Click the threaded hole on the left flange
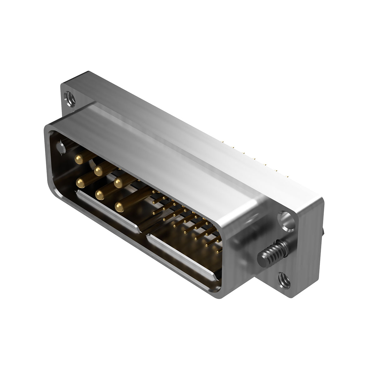(x=68, y=97)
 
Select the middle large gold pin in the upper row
(x=99, y=171)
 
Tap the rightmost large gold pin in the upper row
(x=118, y=182)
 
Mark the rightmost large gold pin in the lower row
(x=119, y=207)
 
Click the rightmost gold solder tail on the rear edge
(x=276, y=171)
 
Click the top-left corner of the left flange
(x=61, y=84)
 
